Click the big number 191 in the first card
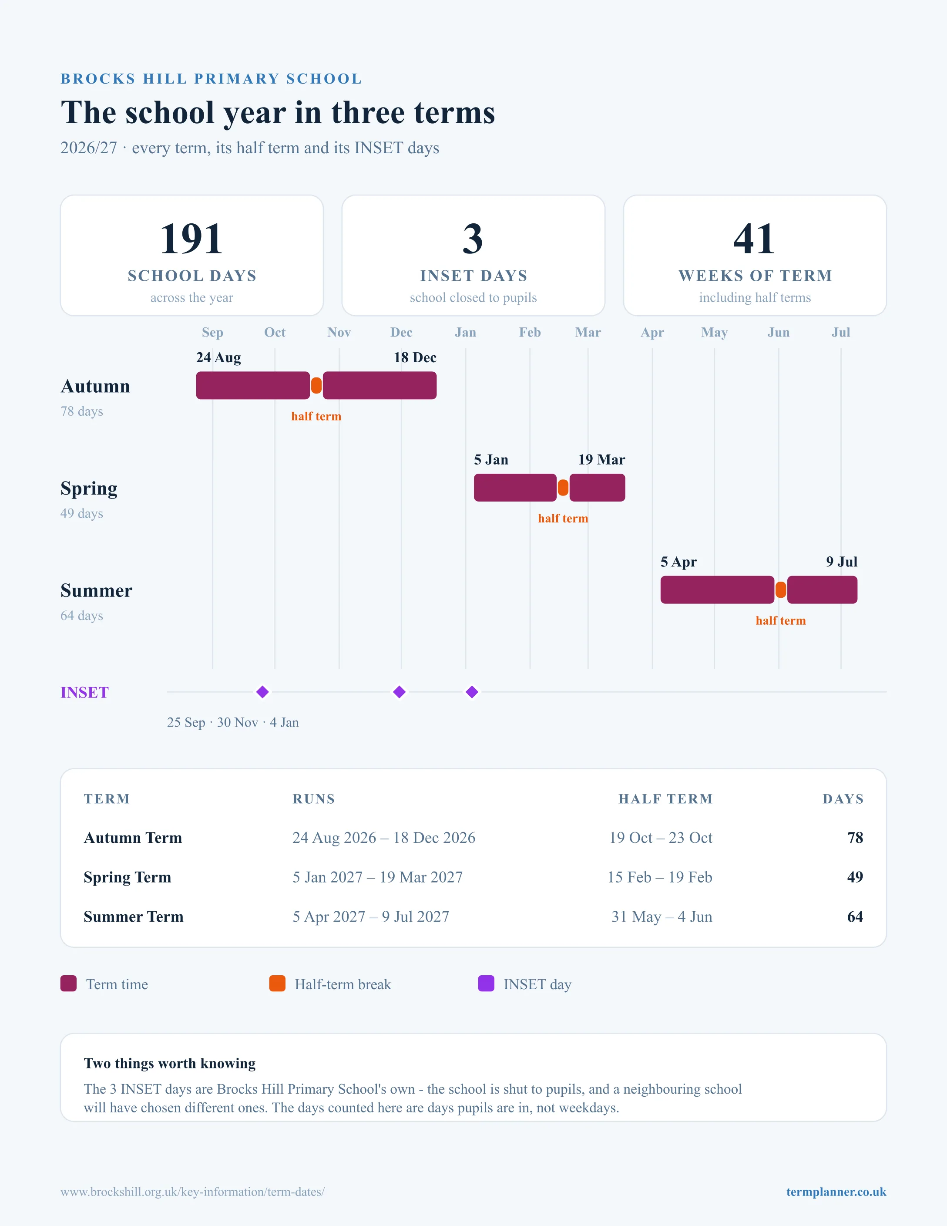point(191,239)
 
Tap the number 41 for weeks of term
point(755,239)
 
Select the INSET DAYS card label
point(473,276)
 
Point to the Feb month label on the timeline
point(530,332)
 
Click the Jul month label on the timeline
point(840,332)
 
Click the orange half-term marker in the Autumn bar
point(316,386)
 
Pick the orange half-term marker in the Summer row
point(780,590)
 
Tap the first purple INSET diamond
point(262,692)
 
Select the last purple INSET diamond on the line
point(472,692)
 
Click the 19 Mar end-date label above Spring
point(601,460)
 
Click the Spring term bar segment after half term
point(597,488)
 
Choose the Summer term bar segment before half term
point(717,590)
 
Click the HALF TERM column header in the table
point(665,799)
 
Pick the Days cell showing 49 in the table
point(855,877)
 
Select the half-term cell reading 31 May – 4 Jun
point(662,917)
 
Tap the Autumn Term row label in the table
point(133,838)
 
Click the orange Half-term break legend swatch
point(277,983)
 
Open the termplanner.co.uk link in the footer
point(836,1192)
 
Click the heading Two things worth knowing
point(169,1063)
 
